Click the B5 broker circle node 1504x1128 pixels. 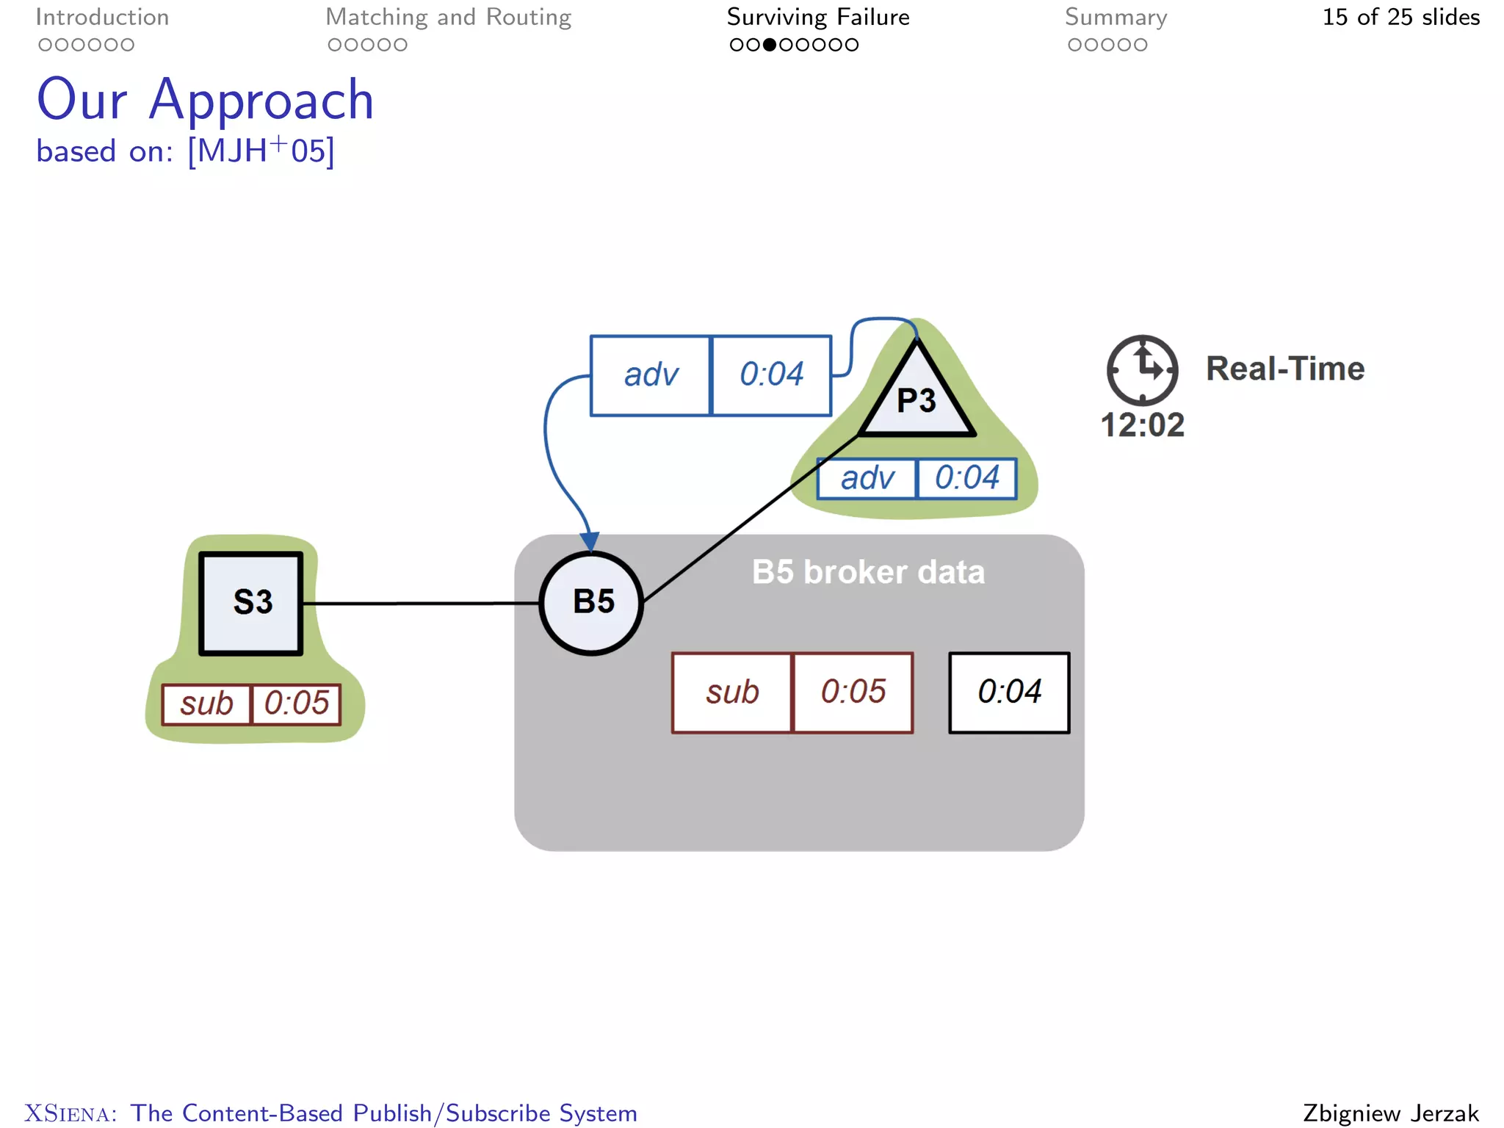pyautogui.click(x=592, y=602)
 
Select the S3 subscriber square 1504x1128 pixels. pyautogui.click(x=251, y=603)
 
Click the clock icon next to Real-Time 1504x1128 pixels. pyautogui.click(x=1142, y=370)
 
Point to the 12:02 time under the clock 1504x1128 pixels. pyautogui.click(x=1142, y=425)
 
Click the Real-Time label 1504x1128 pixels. pyautogui.click(x=1284, y=369)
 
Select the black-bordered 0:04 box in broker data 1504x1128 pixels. pyautogui.click(x=1009, y=693)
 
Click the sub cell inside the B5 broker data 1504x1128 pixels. pyautogui.click(x=732, y=693)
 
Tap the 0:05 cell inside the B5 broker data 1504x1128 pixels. pyautogui.click(x=853, y=693)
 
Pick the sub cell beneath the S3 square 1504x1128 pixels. pyautogui.click(x=206, y=704)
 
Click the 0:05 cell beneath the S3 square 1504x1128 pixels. pyautogui.click(x=296, y=704)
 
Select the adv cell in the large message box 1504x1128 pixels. pyautogui.click(x=651, y=375)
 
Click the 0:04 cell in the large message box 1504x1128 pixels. pyautogui.click(x=771, y=375)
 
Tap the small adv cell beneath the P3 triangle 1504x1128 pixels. pyautogui.click(x=867, y=479)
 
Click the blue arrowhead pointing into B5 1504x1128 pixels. pyautogui.click(x=590, y=542)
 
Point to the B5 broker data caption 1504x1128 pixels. pyautogui.click(x=868, y=572)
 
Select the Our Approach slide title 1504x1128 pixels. pyautogui.click(x=206, y=100)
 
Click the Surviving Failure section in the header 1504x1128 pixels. pyautogui.click(x=818, y=17)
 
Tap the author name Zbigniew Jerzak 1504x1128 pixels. pyautogui.click(x=1391, y=1113)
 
